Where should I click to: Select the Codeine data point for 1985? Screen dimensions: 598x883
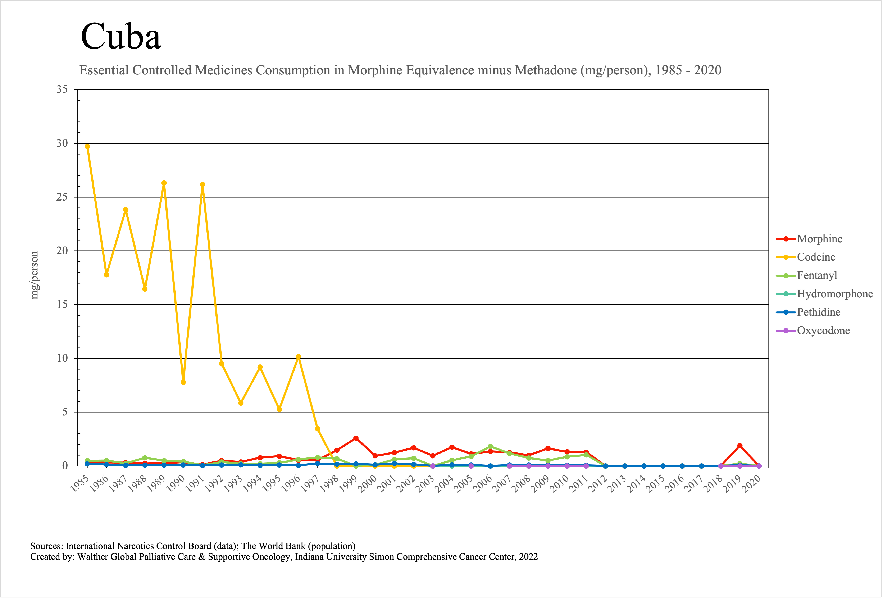point(87,147)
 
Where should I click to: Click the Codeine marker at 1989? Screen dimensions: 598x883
point(164,183)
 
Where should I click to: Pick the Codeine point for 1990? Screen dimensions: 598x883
point(183,382)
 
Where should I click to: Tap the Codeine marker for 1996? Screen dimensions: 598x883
point(298,357)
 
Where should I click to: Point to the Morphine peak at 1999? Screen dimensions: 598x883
point(356,438)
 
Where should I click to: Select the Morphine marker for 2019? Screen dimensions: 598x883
point(740,446)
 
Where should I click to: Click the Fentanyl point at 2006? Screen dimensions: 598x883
point(491,446)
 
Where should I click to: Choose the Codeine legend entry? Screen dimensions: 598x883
point(816,257)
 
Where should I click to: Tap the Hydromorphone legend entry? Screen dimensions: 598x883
point(834,294)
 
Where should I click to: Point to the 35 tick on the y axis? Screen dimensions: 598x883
point(62,90)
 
